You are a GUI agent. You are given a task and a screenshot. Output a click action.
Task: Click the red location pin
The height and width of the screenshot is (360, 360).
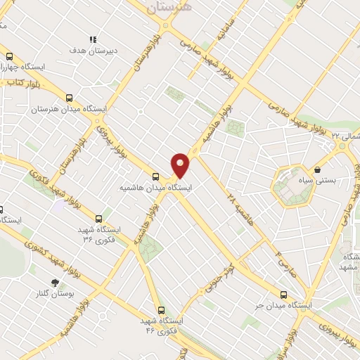(x=181, y=165)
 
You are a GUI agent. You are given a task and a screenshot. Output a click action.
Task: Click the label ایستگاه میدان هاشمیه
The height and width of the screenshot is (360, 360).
(x=156, y=188)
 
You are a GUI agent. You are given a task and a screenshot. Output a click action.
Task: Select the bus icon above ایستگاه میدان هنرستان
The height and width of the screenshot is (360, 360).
(x=69, y=98)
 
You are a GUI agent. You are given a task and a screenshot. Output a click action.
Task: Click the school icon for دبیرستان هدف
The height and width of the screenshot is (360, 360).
(x=91, y=39)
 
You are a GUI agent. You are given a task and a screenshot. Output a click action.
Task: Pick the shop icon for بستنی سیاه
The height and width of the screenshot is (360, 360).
(x=318, y=169)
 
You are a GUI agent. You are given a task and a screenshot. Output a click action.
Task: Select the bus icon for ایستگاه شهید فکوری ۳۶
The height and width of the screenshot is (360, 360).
(x=98, y=219)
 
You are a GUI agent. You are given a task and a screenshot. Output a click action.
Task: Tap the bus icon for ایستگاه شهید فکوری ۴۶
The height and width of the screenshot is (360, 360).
(x=161, y=309)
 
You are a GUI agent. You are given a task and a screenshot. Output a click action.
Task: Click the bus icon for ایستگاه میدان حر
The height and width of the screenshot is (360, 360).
(x=283, y=295)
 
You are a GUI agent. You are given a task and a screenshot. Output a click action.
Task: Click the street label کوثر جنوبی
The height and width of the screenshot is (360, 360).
(x=218, y=281)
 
